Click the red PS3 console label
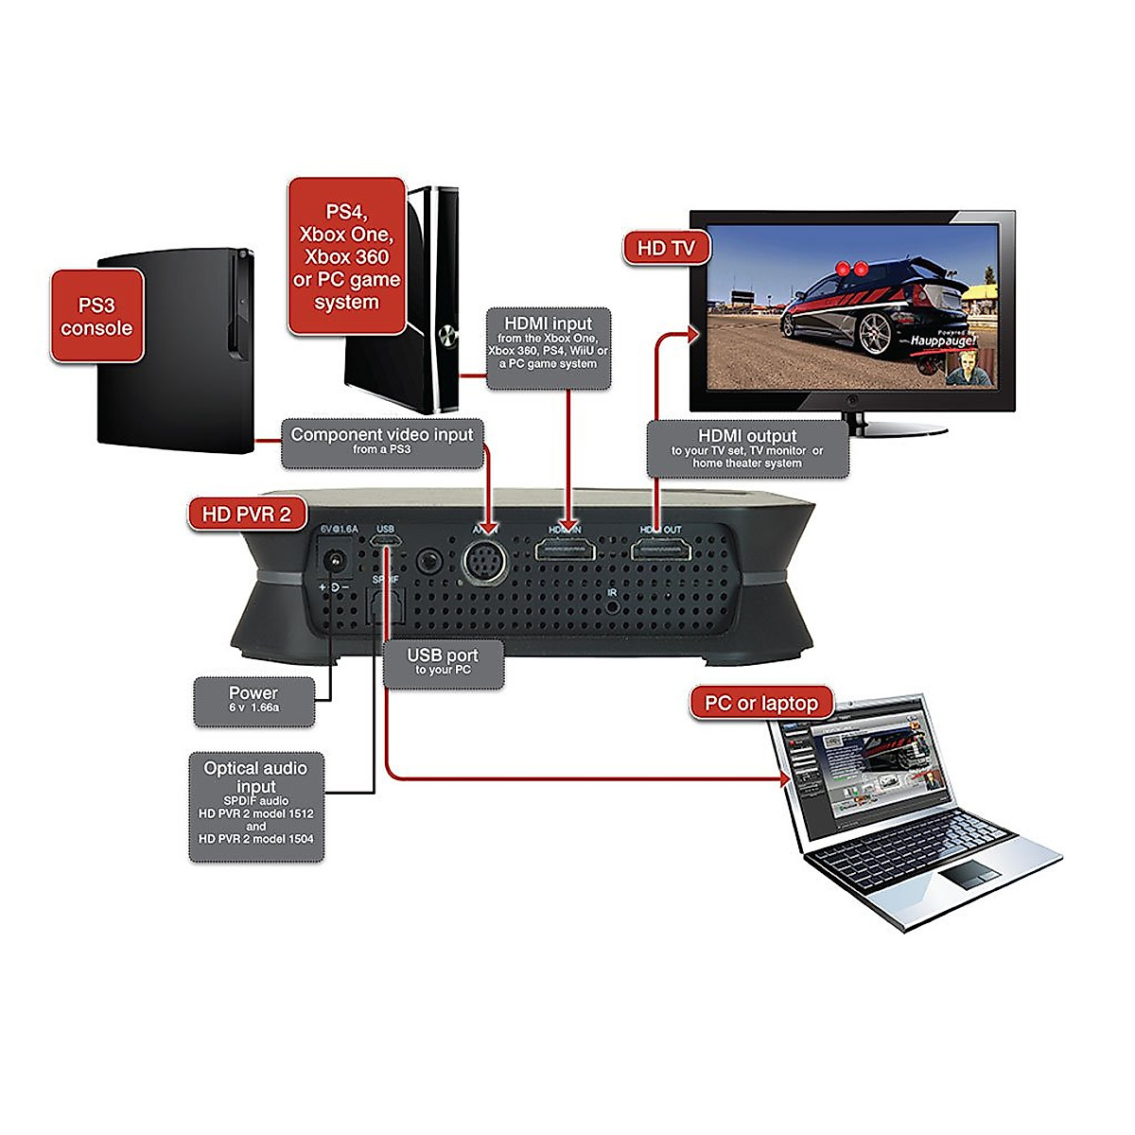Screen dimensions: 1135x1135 tap(97, 316)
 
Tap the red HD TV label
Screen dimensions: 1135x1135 tap(666, 249)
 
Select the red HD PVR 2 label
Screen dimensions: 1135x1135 tap(246, 514)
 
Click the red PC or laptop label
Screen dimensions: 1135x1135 tap(761, 703)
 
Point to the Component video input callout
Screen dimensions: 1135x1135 tap(381, 443)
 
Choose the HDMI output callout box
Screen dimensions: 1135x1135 tap(747, 448)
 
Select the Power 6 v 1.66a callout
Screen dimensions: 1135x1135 tap(253, 700)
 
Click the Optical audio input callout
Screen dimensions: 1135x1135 tap(256, 806)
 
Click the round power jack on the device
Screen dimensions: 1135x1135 tap(334, 562)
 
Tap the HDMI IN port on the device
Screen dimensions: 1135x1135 tap(566, 549)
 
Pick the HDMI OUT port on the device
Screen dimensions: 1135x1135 tap(660, 549)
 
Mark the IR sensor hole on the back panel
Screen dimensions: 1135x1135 tap(613, 605)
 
